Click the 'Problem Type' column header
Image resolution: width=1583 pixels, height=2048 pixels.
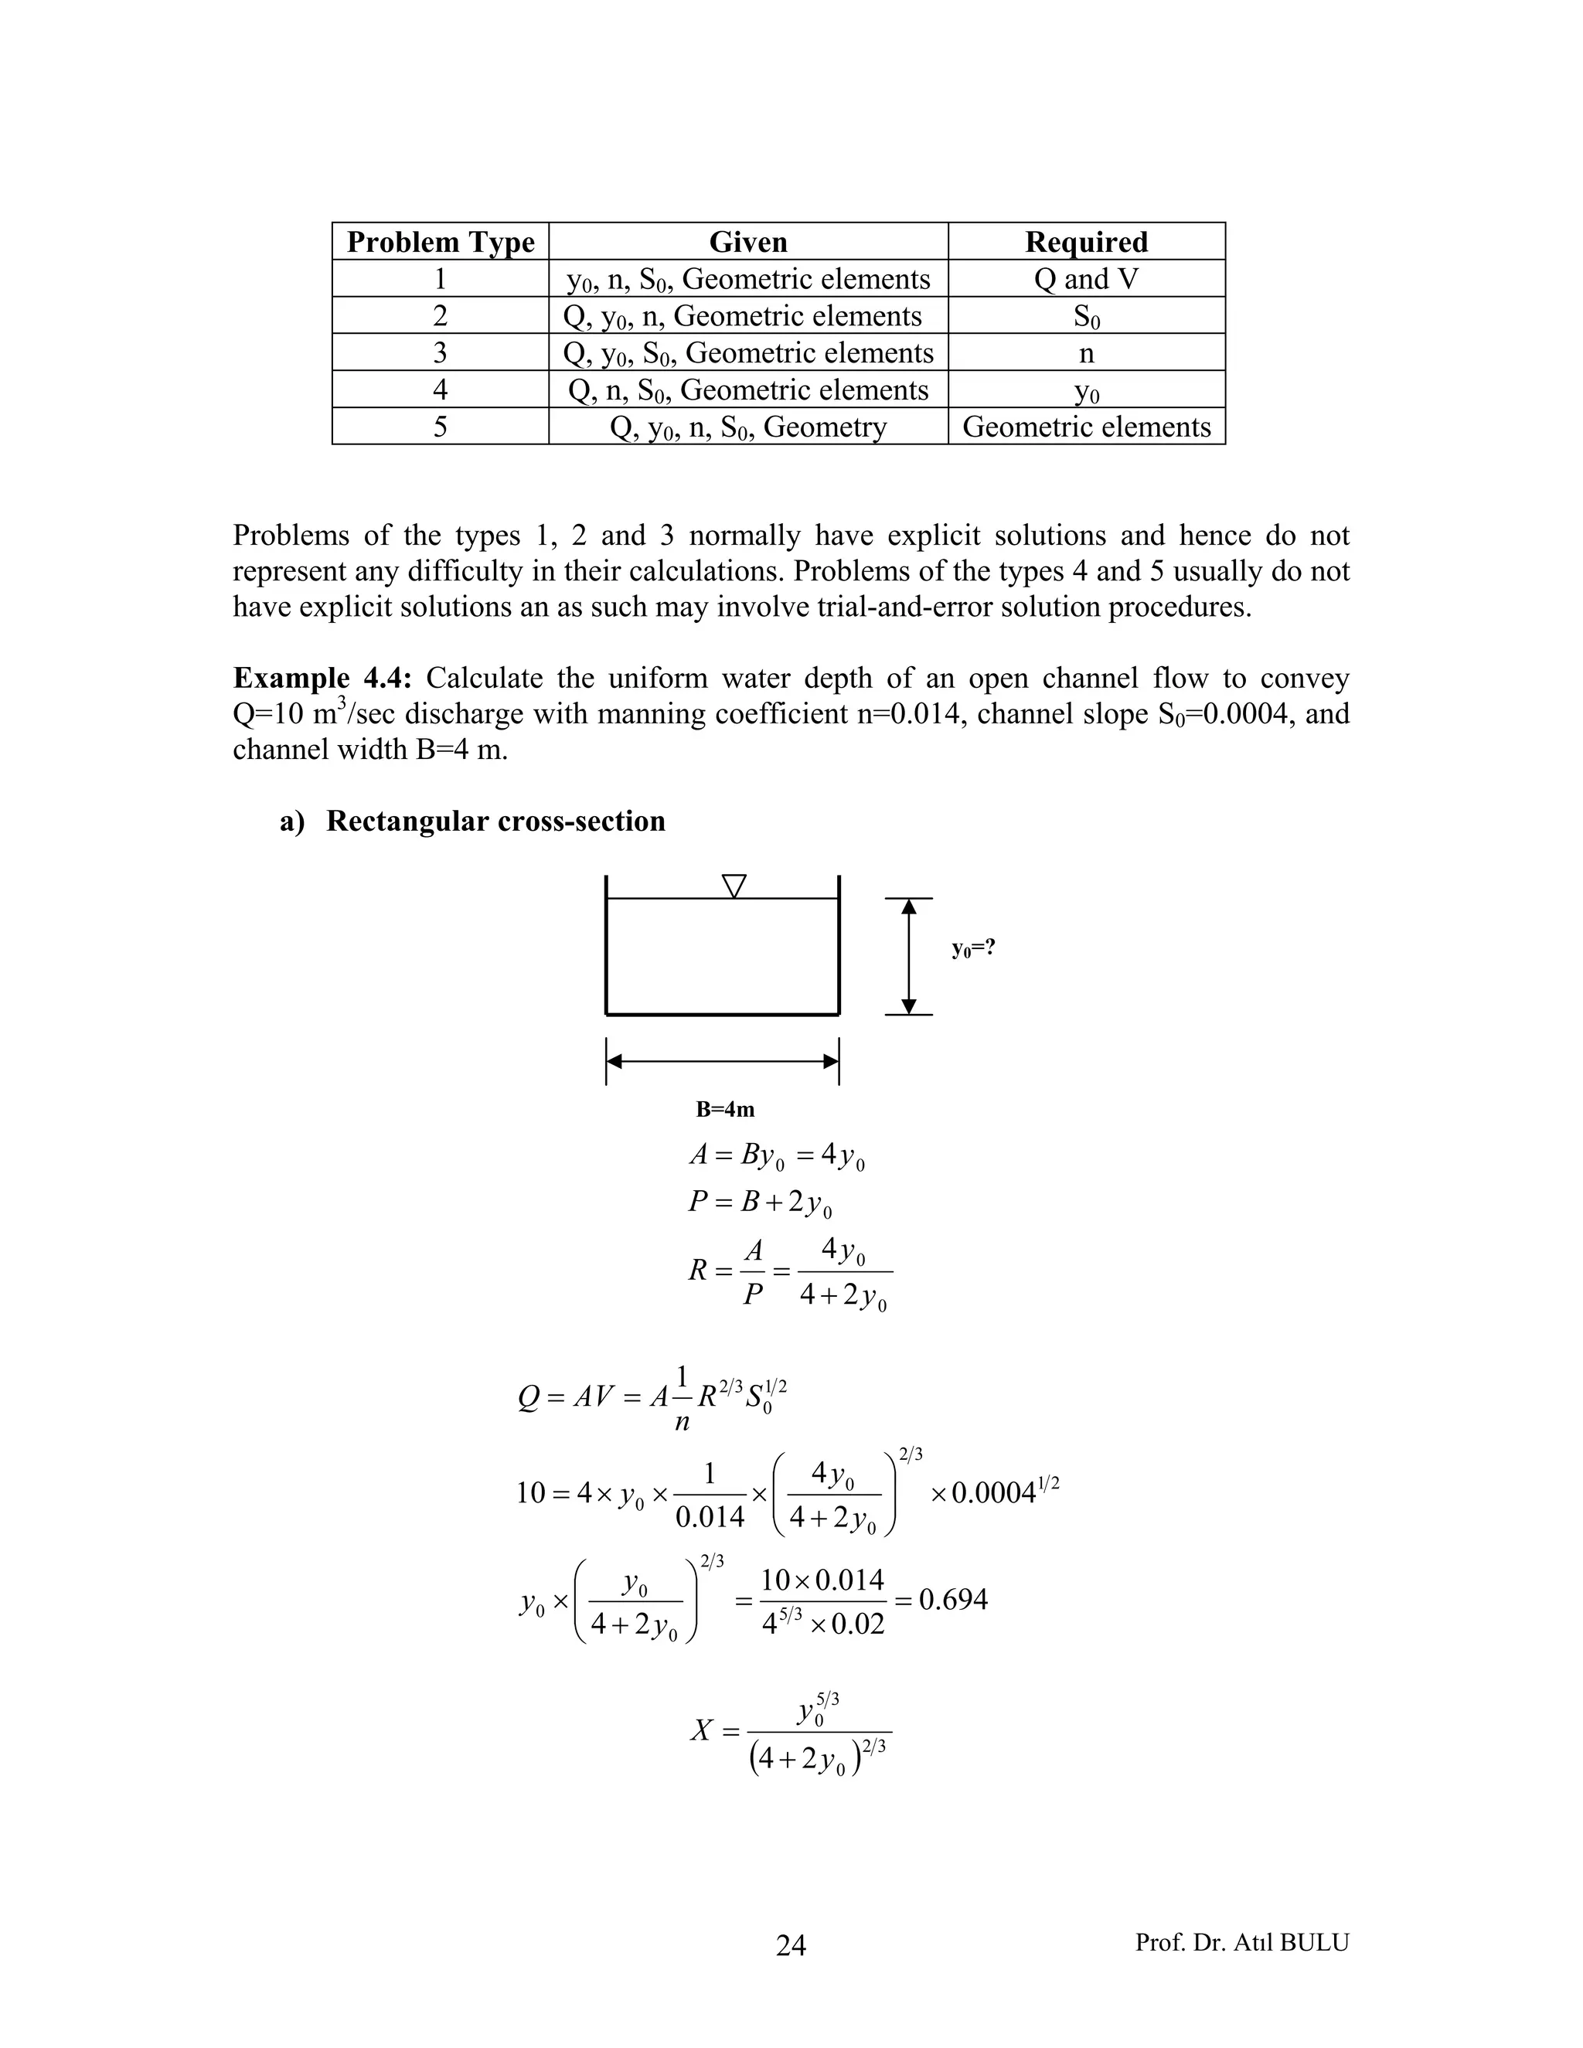coord(440,242)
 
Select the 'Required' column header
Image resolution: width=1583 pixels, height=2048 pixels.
coord(1086,242)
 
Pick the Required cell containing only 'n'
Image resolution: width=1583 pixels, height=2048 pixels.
coord(1086,353)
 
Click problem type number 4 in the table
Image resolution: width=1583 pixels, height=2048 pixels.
coord(440,390)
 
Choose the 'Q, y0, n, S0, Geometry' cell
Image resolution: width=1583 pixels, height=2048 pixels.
coord(747,427)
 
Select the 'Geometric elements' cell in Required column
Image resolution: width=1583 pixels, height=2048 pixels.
coord(1086,427)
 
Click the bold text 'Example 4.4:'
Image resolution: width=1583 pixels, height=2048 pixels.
coord(322,678)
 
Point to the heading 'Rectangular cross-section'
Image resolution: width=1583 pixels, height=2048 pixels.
coord(495,821)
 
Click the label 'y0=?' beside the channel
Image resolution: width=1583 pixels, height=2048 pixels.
coord(972,948)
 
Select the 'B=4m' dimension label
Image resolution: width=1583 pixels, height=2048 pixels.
coord(725,1109)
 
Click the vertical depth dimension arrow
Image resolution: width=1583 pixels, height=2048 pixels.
coord(907,957)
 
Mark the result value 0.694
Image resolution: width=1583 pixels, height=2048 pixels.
coord(953,1599)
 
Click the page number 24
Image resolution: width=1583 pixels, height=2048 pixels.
coord(791,1946)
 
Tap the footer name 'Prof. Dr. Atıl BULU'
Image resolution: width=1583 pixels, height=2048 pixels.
coord(1241,1942)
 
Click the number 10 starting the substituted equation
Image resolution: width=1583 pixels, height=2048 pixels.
coord(531,1492)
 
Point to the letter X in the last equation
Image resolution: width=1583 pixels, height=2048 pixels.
coord(703,1730)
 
